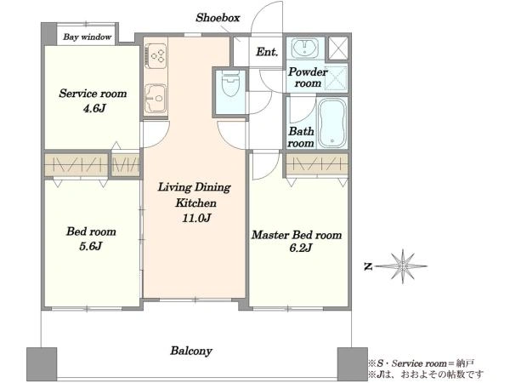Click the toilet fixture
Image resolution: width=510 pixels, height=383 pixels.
tap(230, 83)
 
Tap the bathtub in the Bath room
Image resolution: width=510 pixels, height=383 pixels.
tap(332, 123)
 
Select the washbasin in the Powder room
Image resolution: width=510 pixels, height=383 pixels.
tap(305, 48)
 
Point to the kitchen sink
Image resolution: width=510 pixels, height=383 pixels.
tap(156, 99)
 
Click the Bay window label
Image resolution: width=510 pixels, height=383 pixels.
tap(88, 37)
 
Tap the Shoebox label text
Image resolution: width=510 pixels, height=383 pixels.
tap(218, 18)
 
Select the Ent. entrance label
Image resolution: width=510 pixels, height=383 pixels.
tap(267, 52)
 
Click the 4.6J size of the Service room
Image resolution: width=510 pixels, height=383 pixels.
tap(94, 108)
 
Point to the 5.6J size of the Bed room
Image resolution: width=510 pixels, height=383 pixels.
tap(91, 246)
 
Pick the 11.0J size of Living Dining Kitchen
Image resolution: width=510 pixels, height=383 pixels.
tap(196, 218)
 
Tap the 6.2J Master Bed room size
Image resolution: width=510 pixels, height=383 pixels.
tap(301, 249)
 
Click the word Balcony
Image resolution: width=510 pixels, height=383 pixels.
tap(191, 351)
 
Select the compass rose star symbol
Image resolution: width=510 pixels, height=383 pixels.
tap(403, 266)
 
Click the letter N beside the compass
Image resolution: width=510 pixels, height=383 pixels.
tap(368, 267)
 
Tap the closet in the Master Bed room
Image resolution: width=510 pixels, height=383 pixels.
tap(317, 163)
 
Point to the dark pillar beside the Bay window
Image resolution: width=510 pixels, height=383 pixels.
tap(49, 34)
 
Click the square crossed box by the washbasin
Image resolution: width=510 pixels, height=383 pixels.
tap(338, 49)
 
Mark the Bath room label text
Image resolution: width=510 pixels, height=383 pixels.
tap(301, 137)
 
